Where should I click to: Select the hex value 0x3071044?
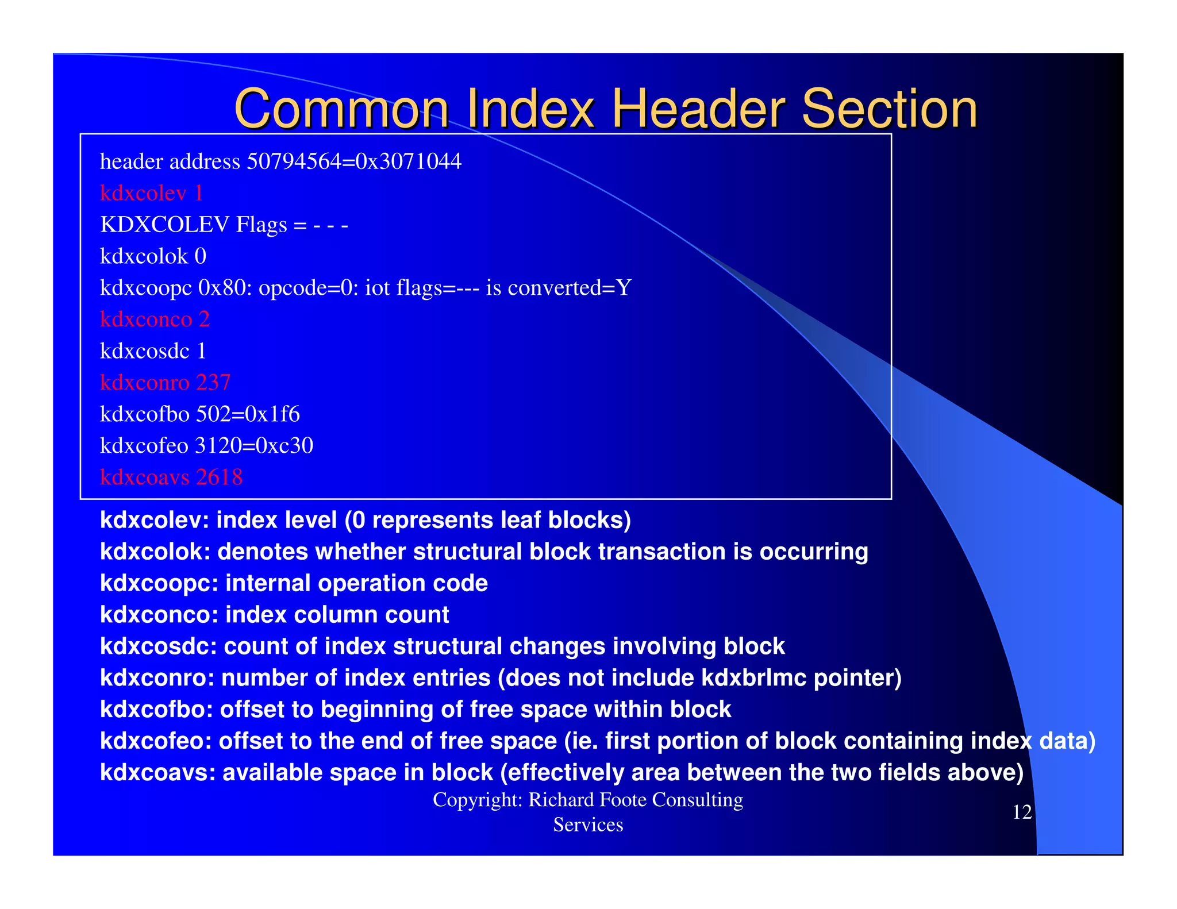408,161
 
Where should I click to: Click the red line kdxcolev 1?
151,193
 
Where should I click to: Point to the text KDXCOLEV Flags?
193,225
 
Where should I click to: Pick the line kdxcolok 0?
153,256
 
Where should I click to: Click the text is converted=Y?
558,288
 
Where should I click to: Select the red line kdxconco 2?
155,319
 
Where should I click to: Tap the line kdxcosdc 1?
153,351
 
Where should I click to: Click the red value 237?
213,383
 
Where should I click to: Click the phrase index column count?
337,615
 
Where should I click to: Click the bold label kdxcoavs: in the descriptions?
158,773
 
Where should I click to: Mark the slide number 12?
1022,812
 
